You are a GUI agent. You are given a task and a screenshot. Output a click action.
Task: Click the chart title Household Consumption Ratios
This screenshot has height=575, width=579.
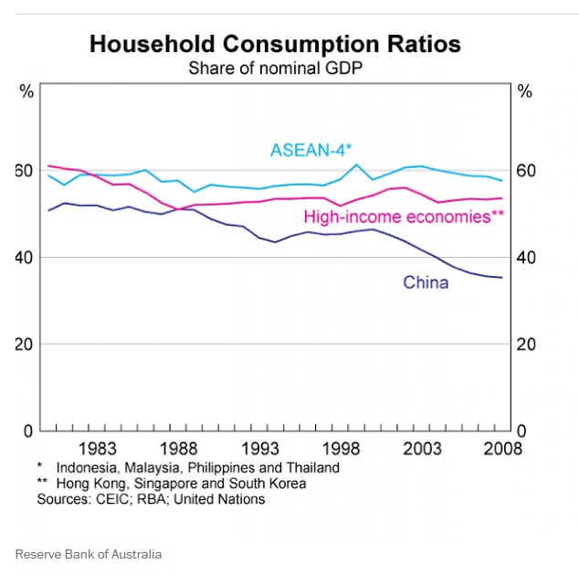pyautogui.click(x=275, y=44)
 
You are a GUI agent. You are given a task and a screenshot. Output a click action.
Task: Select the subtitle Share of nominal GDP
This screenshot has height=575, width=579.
pyautogui.click(x=275, y=68)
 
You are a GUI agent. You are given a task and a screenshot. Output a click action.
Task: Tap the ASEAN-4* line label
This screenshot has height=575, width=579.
pyautogui.click(x=311, y=151)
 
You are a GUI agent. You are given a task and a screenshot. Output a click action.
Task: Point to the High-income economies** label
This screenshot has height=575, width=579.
pyautogui.click(x=404, y=217)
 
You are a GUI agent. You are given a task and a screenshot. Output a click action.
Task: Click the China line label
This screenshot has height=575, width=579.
pyautogui.click(x=426, y=282)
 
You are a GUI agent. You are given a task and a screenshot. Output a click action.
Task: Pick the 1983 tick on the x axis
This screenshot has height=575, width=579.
pyautogui.click(x=97, y=448)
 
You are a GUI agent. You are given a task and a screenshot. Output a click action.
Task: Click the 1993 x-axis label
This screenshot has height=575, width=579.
pyautogui.click(x=259, y=448)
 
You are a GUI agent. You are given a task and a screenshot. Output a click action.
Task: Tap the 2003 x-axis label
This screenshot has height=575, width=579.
pyautogui.click(x=422, y=448)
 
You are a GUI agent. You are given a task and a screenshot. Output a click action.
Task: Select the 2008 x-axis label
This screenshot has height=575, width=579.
pyautogui.click(x=502, y=448)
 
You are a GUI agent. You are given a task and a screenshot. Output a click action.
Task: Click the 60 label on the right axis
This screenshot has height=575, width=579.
pyautogui.click(x=526, y=171)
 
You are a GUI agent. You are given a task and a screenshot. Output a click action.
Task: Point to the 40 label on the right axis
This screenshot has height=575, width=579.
pyautogui.click(x=526, y=257)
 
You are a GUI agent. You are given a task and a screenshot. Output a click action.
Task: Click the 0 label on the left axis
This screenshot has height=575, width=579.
pyautogui.click(x=28, y=430)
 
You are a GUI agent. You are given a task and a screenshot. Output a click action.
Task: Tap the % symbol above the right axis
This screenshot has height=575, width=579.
pyautogui.click(x=524, y=91)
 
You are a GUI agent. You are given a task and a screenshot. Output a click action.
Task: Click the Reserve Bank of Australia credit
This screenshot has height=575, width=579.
pyautogui.click(x=88, y=554)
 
